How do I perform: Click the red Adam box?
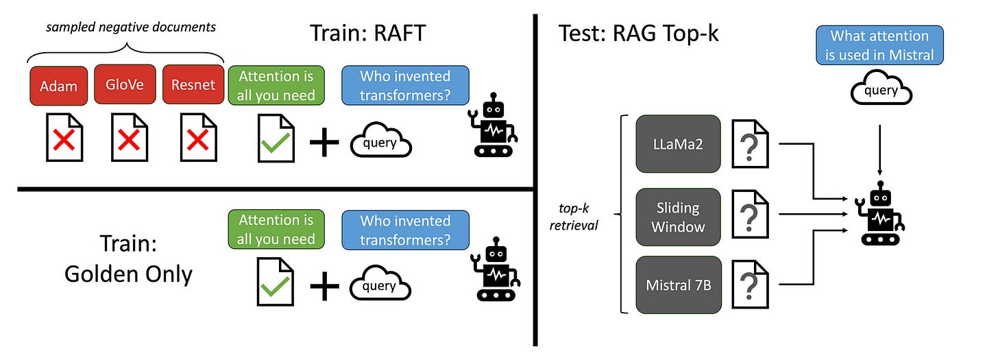click(x=58, y=85)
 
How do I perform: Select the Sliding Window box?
click(x=679, y=217)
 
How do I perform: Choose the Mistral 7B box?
click(x=679, y=285)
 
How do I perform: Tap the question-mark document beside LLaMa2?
click(x=751, y=143)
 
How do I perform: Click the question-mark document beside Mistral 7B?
click(x=751, y=283)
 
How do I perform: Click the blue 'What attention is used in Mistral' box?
click(x=879, y=45)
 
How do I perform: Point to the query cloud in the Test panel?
click(x=881, y=89)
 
